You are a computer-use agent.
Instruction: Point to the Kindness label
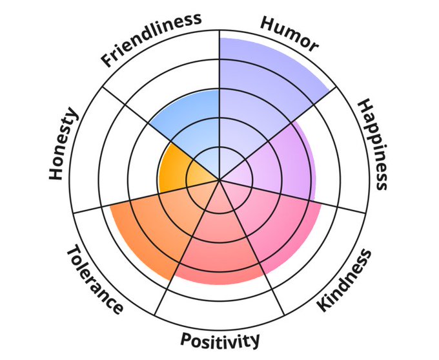click(345, 279)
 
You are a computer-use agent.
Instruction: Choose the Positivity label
click(220, 339)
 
